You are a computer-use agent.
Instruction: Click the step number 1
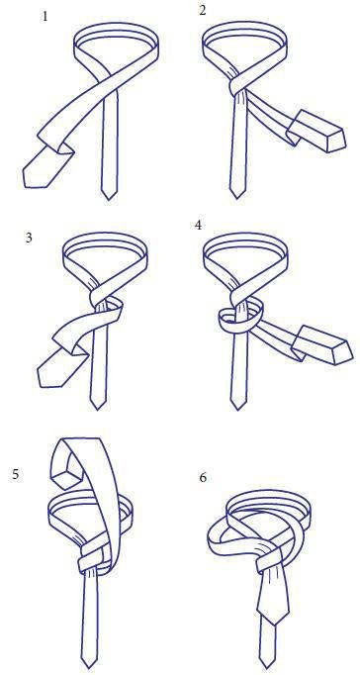45,18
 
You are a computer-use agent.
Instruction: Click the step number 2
203,10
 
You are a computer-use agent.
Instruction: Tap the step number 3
29,239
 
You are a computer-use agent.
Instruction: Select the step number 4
198,225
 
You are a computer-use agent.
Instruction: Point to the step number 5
16,475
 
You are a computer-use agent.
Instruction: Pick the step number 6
203,478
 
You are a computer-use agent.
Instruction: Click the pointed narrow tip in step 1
109,199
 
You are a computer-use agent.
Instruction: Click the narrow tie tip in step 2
236,198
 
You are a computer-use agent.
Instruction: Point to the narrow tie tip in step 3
98,409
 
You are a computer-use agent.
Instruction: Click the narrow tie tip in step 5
90,665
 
